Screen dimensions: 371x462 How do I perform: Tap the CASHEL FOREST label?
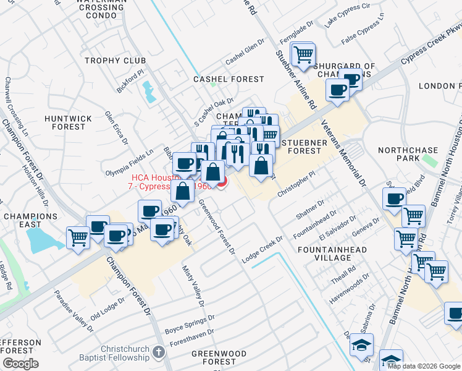[229, 79]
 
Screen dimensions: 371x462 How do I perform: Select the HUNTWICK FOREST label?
[69, 122]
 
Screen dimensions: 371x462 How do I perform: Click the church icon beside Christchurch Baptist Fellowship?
[159, 352]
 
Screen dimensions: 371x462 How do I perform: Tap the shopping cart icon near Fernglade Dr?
[303, 54]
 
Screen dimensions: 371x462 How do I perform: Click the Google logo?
[20, 364]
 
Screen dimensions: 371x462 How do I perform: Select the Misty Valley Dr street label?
[193, 285]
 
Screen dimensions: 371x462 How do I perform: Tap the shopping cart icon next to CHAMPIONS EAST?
[78, 237]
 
